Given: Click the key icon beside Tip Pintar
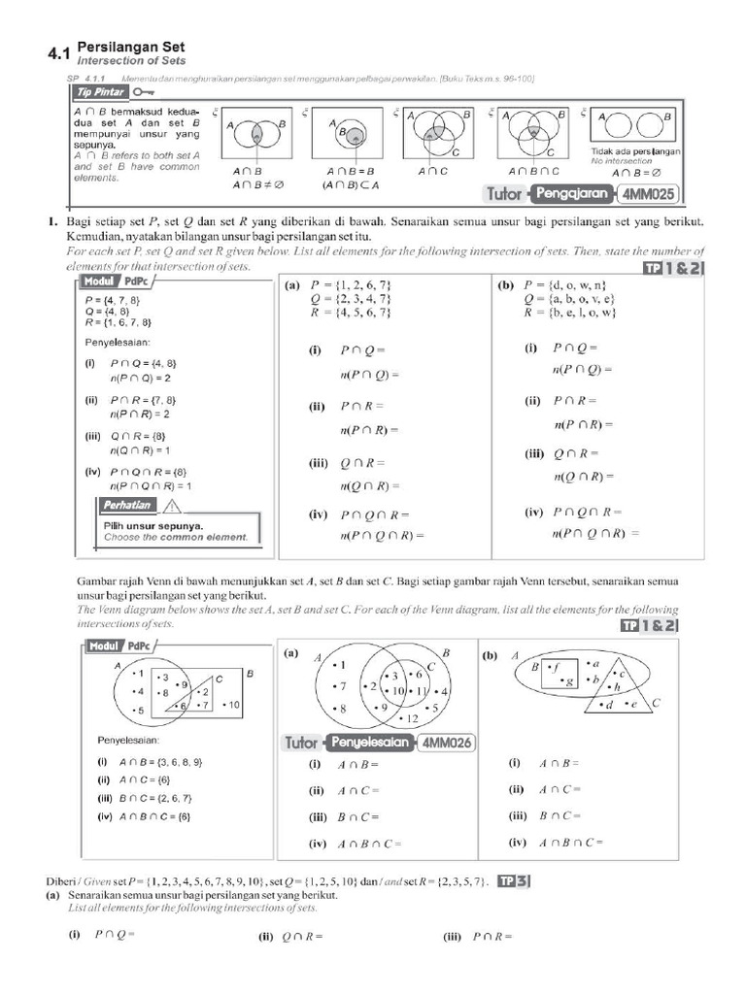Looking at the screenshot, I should tap(144, 92).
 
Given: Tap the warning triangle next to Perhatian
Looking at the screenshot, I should tap(172, 505).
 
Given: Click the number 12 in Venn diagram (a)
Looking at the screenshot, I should tap(412, 718).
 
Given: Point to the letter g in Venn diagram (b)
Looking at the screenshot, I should tap(568, 682).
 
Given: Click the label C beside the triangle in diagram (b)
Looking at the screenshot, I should tap(657, 703).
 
